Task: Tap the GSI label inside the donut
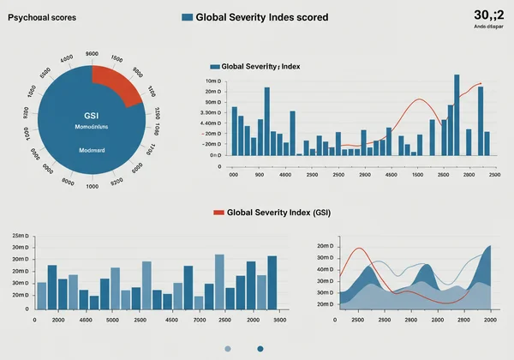pos(91,115)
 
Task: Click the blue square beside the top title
pos(187,17)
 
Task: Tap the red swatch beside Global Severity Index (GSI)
pos(218,211)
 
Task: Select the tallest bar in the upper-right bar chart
pos(454,115)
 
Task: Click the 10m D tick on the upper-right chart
pos(212,81)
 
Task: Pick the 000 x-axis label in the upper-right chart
pos(232,174)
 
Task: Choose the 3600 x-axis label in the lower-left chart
pos(279,320)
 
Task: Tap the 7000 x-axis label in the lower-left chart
pos(200,320)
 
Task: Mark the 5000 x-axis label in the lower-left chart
pos(112,320)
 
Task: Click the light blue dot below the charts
pos(228,348)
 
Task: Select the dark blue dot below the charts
pos(260,348)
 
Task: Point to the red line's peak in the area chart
pos(359,249)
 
